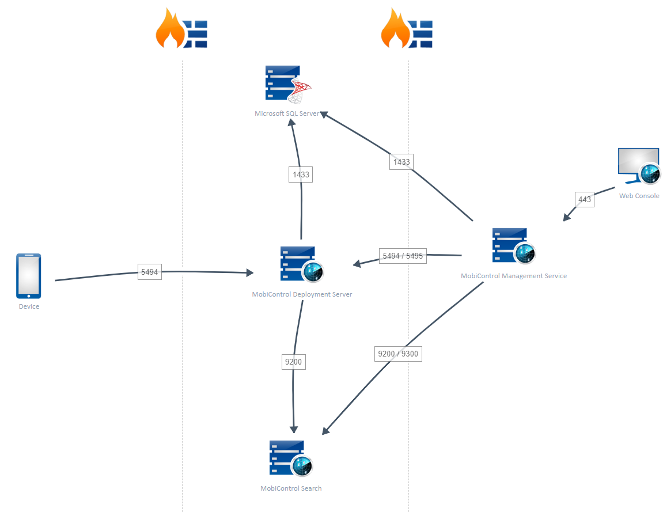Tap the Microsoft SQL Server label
pos(287,113)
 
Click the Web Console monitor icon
pos(639,166)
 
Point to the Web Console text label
pos(639,196)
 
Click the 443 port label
pos(584,199)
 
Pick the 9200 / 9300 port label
pos(398,354)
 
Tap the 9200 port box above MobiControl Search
pos(293,362)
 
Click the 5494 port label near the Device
pos(149,272)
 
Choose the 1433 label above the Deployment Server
pos(301,175)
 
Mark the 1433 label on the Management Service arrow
pos(401,162)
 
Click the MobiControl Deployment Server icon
pos(301,264)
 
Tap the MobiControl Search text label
pos(291,488)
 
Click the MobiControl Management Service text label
pos(513,276)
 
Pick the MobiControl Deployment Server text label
pos(302,294)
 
